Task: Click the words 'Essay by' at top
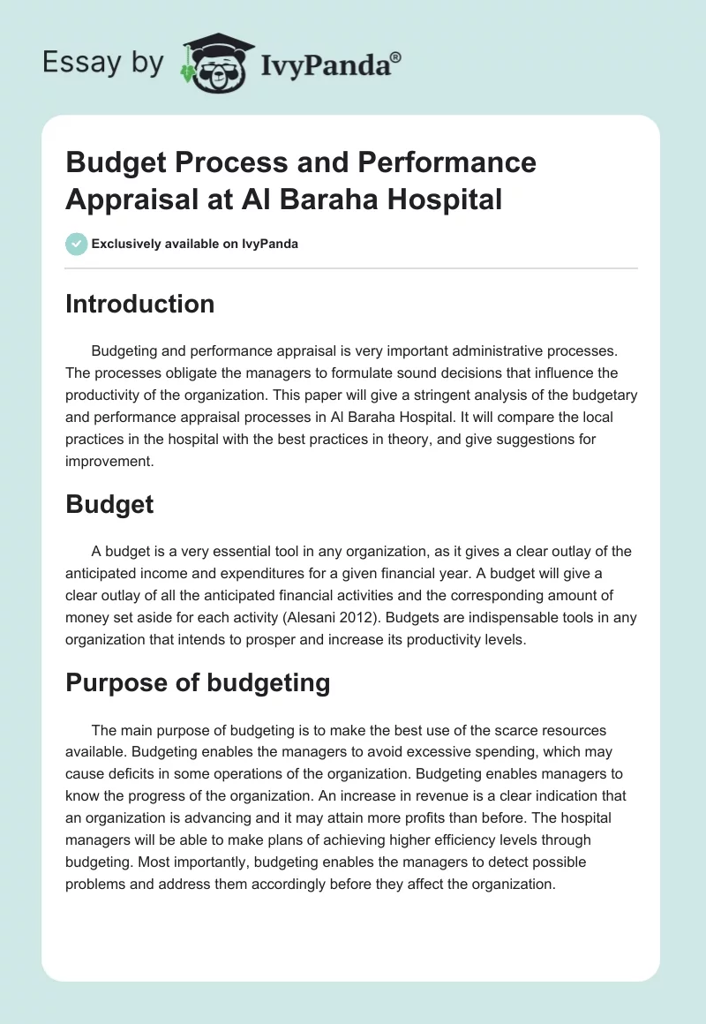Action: pyautogui.click(x=104, y=63)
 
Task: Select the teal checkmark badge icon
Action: pyautogui.click(x=77, y=244)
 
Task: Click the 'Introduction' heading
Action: pyautogui.click(x=139, y=304)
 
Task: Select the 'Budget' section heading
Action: pyautogui.click(x=109, y=504)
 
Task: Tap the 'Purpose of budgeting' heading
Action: pyautogui.click(x=198, y=682)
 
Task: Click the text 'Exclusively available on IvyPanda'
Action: pyautogui.click(x=194, y=244)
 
